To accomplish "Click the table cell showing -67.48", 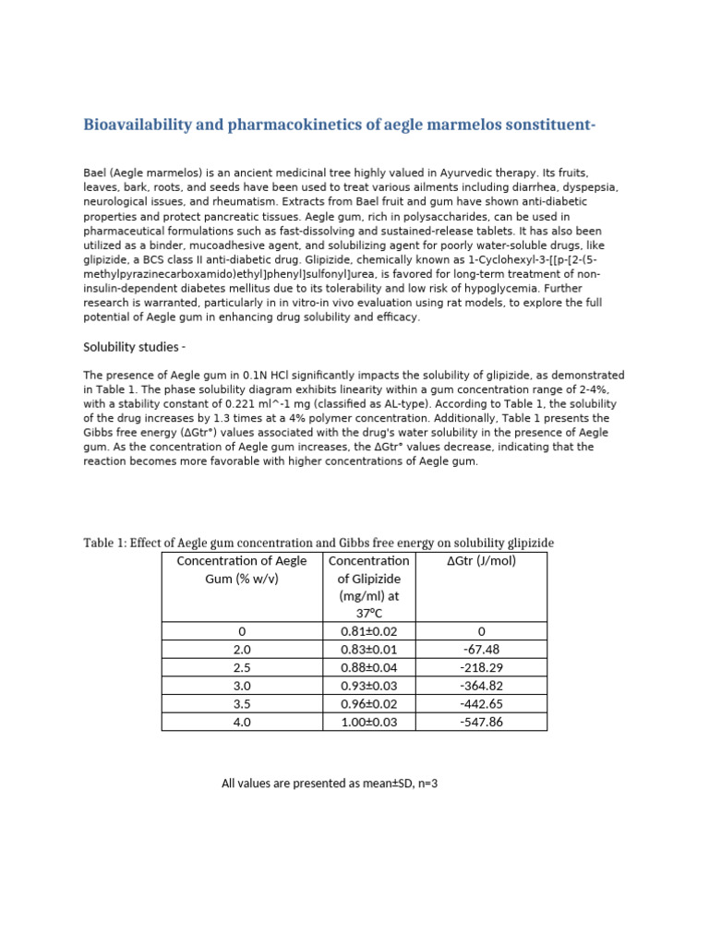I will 481,649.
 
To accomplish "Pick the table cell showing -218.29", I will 481,667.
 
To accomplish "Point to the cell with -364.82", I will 481,686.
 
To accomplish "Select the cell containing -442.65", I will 481,703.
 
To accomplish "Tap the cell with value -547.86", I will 481,722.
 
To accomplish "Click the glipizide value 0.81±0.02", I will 368,631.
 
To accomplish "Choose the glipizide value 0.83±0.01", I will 368,649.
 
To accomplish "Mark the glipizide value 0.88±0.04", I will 368,667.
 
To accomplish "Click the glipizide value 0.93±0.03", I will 368,686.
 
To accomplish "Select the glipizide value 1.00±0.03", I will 368,722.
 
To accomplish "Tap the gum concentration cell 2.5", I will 242,667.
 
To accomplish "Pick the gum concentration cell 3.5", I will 242,703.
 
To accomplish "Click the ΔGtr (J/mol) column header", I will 481,561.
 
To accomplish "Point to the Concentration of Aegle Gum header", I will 241,569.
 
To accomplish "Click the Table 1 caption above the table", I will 318,543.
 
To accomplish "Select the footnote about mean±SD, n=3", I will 329,784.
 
